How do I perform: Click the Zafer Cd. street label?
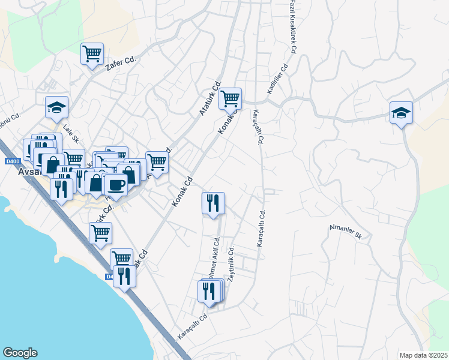[x=122, y=62]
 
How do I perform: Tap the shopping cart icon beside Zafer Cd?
[x=92, y=54]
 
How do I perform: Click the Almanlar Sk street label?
[x=345, y=231]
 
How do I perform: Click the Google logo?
[x=20, y=353]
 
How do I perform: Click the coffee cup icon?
[x=116, y=185]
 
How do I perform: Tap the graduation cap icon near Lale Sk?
[x=56, y=108]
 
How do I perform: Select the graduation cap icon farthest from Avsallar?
[x=401, y=112]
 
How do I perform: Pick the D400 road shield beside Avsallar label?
[x=11, y=161]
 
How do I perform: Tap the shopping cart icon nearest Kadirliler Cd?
[x=230, y=98]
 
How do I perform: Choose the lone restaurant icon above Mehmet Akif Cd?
[x=213, y=203]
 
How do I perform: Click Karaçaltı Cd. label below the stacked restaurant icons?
[x=192, y=326]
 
